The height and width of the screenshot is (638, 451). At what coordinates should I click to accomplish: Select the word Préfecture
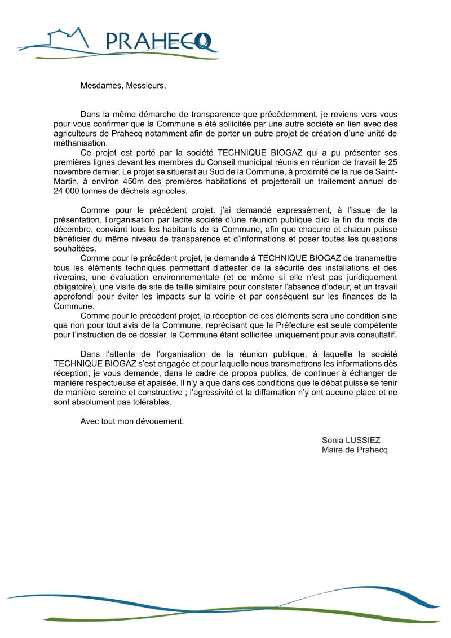click(x=281, y=325)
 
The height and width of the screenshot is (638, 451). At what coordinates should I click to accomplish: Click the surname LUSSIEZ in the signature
click(x=366, y=440)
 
